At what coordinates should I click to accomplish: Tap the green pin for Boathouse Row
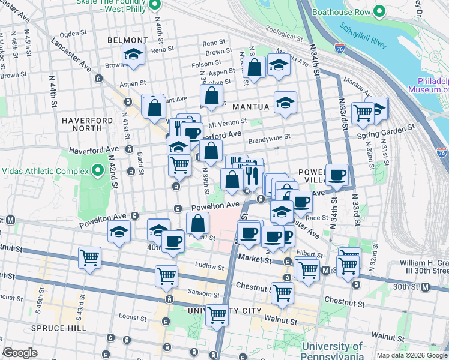click(379, 11)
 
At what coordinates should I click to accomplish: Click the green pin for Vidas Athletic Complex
click(98, 171)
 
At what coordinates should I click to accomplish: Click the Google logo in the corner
click(20, 353)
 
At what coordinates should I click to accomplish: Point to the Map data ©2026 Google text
click(411, 355)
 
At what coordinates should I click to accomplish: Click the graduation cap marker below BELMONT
click(133, 54)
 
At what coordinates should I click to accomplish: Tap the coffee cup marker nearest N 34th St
click(337, 175)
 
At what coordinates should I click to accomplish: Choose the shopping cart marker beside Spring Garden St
click(363, 112)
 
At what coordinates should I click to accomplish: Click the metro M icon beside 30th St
click(425, 287)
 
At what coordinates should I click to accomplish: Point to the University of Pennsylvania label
click(332, 352)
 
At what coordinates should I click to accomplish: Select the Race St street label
click(317, 218)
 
